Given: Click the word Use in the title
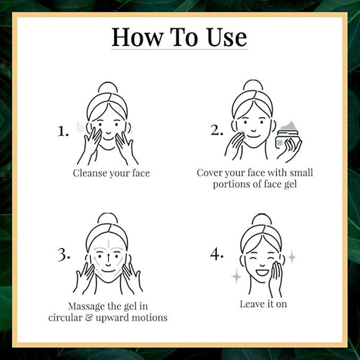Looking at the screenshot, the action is [226, 37].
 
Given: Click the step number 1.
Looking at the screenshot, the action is [63, 131].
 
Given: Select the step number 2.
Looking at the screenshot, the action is [216, 130].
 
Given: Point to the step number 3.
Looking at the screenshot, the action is [64, 255].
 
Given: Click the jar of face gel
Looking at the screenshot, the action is [287, 136].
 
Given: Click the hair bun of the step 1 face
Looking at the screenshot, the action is [108, 87].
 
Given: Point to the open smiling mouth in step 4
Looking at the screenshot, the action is [262, 273].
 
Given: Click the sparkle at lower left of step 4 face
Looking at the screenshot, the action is [236, 275].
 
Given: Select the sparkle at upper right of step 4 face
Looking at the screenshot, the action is [292, 257].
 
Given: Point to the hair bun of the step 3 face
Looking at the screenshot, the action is [108, 218].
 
